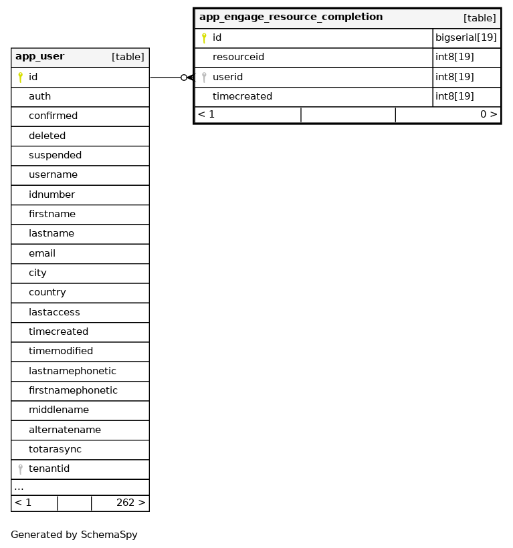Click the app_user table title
pos(40,57)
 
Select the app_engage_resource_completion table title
pos(291,17)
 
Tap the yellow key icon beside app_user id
pos(21,78)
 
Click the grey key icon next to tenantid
pos(21,469)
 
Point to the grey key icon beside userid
pos(204,78)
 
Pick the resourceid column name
pos(238,57)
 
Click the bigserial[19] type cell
pos(466,38)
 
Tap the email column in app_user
pos(42,254)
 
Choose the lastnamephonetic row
pos(72,372)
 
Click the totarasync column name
pos(55,450)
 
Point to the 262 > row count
pos(130,503)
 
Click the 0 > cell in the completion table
pos(488,114)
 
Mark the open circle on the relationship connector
pos(184,78)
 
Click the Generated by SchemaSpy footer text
pos(74,535)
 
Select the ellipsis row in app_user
pos(19,487)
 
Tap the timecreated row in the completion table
pos(242,97)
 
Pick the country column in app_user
pos(47,293)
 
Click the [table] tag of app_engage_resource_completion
pos(480,18)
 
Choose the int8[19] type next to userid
pos(455,78)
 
